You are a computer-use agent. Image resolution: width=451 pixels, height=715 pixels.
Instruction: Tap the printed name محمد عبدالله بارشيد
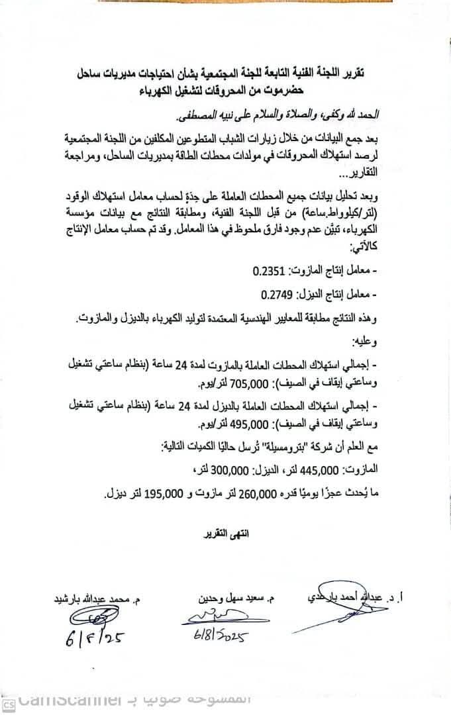coord(91,600)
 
